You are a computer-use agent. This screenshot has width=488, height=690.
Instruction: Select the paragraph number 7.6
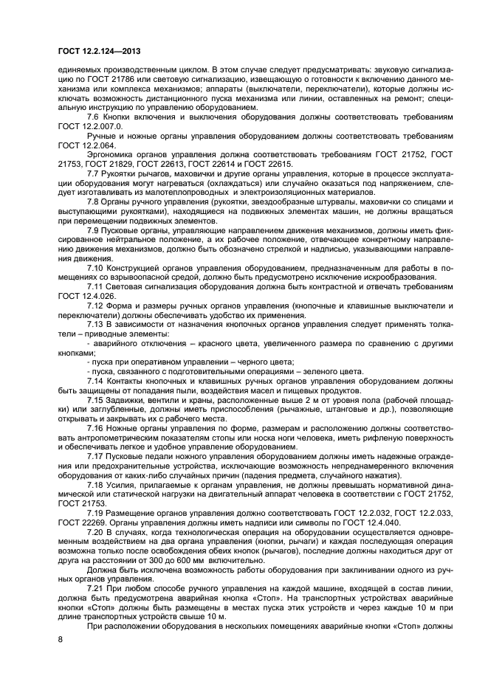click(94, 117)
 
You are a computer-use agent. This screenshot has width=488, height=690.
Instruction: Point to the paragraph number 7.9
click(94, 252)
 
